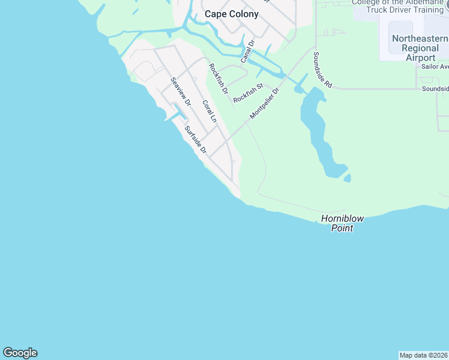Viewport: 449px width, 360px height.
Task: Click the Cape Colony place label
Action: coord(231,14)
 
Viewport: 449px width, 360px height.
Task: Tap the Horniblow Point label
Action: coord(342,223)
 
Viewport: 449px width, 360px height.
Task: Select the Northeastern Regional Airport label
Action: coord(412,47)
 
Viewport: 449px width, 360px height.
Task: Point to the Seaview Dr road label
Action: coord(180,92)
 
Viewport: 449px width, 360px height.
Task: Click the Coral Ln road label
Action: coord(208,112)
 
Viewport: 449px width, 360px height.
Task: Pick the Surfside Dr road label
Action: coord(196,140)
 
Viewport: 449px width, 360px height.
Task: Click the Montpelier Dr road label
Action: coord(265,103)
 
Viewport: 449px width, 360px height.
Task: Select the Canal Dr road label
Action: coord(248,51)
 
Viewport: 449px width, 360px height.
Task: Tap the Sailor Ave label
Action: coord(435,67)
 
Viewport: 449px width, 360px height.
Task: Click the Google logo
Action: coord(20,353)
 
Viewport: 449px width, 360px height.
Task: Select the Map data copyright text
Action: coord(424,355)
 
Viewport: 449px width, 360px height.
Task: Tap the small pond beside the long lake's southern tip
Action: coord(348,178)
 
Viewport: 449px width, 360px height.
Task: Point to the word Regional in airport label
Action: coord(412,47)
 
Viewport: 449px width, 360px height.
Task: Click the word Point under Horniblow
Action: coord(342,229)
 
